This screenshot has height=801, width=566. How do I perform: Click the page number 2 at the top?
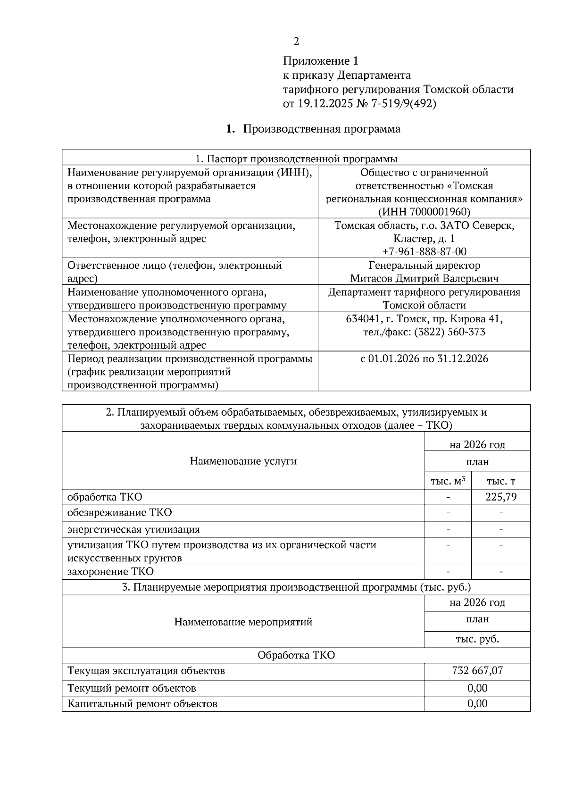pyautogui.click(x=296, y=42)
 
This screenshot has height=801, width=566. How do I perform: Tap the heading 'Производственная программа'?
pyautogui.click(x=322, y=129)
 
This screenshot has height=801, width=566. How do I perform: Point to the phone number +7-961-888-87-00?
pyautogui.click(x=424, y=251)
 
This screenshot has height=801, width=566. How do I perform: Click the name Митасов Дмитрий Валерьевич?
pyautogui.click(x=424, y=279)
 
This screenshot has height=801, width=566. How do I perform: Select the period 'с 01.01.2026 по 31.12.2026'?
pyautogui.click(x=424, y=359)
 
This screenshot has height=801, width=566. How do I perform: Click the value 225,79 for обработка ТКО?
pyautogui.click(x=501, y=497)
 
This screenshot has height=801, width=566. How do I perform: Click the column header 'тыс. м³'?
pyautogui.click(x=448, y=481)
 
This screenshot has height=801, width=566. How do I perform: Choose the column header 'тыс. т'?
pyautogui.click(x=501, y=481)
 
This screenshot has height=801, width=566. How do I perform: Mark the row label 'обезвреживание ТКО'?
pyautogui.click(x=119, y=513)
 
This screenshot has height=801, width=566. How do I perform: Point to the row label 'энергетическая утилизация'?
pyautogui.click(x=133, y=529)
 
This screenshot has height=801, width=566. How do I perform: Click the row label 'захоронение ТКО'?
pyautogui.click(x=110, y=572)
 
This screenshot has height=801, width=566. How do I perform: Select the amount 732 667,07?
pyautogui.click(x=477, y=670)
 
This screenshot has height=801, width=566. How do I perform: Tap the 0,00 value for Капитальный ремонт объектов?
pyautogui.click(x=477, y=703)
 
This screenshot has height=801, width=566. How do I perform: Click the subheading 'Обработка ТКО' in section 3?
pyautogui.click(x=296, y=655)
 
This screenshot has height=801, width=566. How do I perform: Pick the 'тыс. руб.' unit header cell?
pyautogui.click(x=477, y=639)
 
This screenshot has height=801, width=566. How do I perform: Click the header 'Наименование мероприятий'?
pyautogui.click(x=243, y=622)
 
